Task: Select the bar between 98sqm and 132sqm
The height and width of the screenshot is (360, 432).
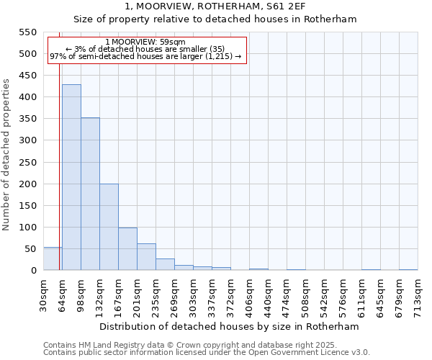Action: point(90,194)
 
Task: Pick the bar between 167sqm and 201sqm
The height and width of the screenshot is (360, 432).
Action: point(127,249)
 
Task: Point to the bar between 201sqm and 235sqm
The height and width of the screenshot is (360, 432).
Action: point(146,257)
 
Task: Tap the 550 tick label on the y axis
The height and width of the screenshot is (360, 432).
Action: point(27,32)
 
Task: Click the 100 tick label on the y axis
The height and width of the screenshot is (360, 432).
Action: point(27,228)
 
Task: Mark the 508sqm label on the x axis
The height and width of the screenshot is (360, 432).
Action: point(305,296)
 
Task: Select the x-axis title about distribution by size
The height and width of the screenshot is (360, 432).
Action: point(229,326)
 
